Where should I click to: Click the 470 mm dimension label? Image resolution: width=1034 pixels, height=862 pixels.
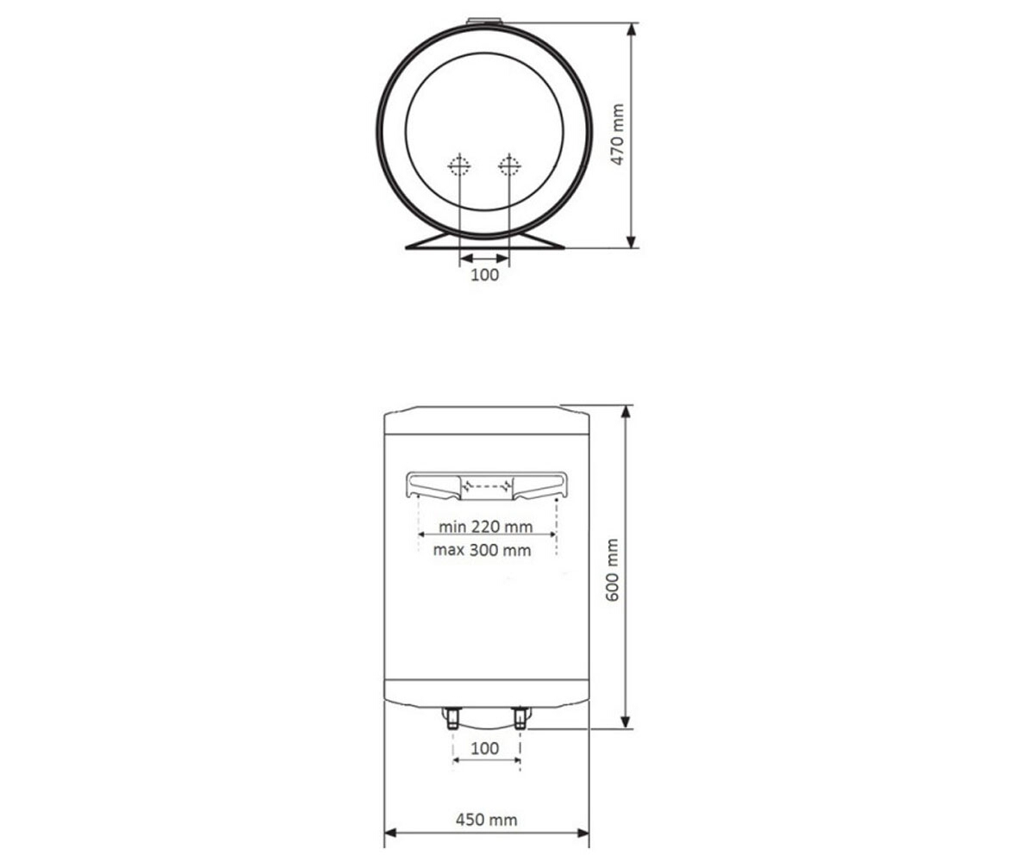pos(617,134)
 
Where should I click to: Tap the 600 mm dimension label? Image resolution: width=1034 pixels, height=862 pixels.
pos(613,570)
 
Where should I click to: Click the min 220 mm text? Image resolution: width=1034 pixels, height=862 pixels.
pos(486,527)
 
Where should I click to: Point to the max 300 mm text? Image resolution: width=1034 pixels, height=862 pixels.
pos(482,550)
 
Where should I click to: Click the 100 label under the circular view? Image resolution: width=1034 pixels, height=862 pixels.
pos(484,274)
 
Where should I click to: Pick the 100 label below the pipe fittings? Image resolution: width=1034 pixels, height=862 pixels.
pos(485,748)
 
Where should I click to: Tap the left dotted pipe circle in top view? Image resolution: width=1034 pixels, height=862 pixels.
pos(459,166)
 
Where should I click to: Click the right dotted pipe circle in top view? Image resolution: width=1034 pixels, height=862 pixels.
pos(509,166)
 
